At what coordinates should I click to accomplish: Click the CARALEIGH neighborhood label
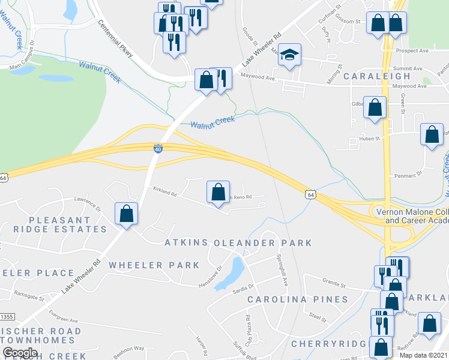pyautogui.click(x=377, y=76)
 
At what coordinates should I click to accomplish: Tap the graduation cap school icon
pyautogui.click(x=289, y=55)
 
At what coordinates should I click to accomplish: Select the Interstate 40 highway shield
pyautogui.click(x=158, y=148)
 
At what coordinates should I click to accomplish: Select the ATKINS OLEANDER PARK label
pyautogui.click(x=239, y=243)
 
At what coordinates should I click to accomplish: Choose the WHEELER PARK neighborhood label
pyautogui.click(x=154, y=265)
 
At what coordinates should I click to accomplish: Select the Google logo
pyautogui.click(x=20, y=353)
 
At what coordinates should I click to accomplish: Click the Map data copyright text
pyautogui.click(x=424, y=355)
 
